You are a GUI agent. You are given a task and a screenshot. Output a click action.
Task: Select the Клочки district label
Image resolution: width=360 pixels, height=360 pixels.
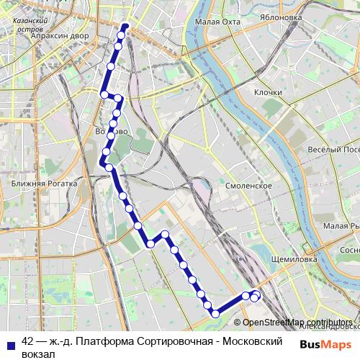(x=267, y=93)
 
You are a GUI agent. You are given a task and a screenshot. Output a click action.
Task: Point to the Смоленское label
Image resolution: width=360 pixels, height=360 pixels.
(x=248, y=185)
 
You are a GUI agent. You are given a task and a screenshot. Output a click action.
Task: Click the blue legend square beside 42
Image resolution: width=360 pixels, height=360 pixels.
(x=10, y=344)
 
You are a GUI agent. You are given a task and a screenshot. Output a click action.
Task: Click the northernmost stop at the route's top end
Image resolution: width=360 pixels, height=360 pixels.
(x=125, y=28)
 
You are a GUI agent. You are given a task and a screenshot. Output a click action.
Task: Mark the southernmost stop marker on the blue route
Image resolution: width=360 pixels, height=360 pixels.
(x=215, y=312)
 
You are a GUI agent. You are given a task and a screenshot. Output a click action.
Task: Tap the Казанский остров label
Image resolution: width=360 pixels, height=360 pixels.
(x=30, y=25)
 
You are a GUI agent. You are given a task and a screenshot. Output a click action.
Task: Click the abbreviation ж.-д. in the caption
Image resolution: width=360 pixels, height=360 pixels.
(x=61, y=341)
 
